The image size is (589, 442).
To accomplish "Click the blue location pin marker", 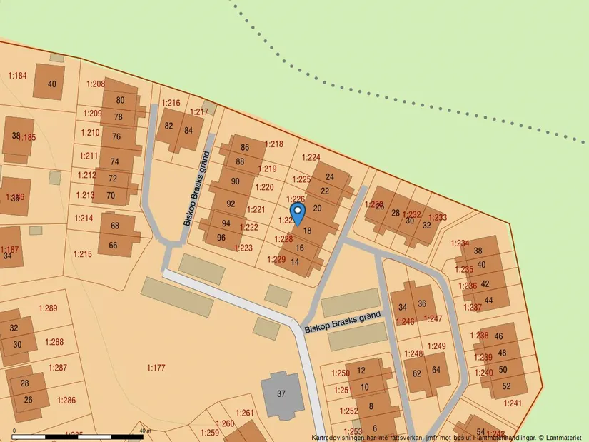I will click(298, 212).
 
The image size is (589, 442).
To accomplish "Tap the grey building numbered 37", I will click(281, 393).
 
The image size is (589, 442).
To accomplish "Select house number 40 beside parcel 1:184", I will click(51, 84).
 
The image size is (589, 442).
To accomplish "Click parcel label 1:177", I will click(156, 368).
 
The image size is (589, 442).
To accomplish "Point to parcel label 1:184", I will click(17, 76).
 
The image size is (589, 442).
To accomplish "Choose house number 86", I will click(245, 147).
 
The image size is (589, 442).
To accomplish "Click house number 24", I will click(330, 176).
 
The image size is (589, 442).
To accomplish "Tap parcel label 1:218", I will click(274, 144).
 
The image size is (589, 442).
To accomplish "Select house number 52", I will click(506, 386).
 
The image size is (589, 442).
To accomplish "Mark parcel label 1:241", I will click(513, 403).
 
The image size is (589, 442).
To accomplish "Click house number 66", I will click(114, 246).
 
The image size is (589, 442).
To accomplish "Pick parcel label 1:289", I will click(48, 308).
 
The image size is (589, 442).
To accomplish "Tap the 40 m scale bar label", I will click(145, 431).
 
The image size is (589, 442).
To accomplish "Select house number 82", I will click(169, 126).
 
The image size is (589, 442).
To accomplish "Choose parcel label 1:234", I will click(460, 243).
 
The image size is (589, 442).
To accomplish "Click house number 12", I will click(361, 370).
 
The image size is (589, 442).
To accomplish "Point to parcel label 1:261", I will click(244, 413).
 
